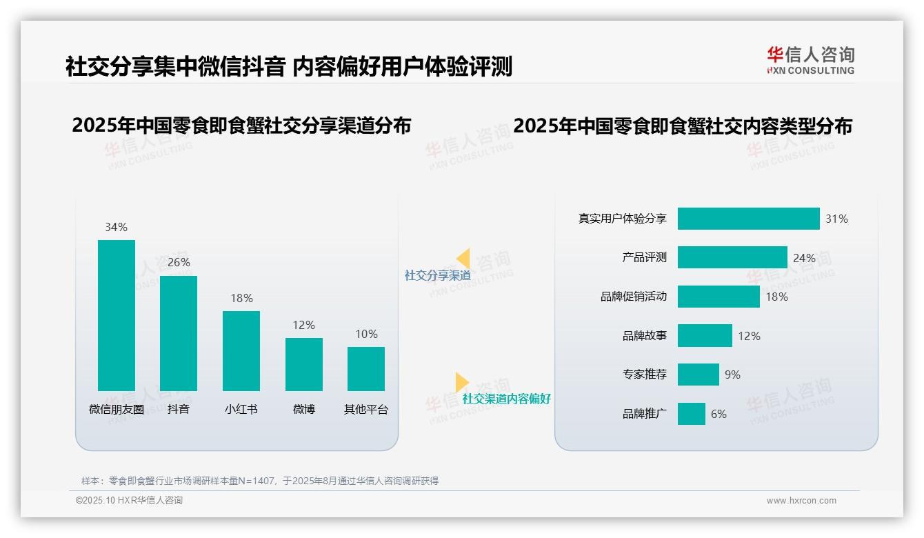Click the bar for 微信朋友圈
tap(116, 315)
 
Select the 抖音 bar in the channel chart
tap(178, 333)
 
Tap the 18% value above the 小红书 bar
tap(241, 298)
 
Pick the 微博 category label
tap(303, 409)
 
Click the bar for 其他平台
tap(365, 368)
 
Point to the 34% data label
tap(116, 227)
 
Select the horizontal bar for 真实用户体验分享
tap(748, 219)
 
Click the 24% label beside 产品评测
tap(804, 258)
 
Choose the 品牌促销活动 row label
tap(633, 297)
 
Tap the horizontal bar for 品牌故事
tap(704, 336)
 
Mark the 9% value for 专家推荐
tap(732, 375)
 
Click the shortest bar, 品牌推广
tap(691, 414)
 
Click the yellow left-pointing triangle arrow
tap(463, 259)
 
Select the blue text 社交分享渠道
tap(437, 275)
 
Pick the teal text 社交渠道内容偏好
tap(506, 399)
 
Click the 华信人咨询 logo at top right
tap(810, 60)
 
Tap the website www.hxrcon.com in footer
tap(801, 501)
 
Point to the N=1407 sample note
tap(259, 481)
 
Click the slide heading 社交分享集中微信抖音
tap(175, 67)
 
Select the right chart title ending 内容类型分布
tap(683, 126)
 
